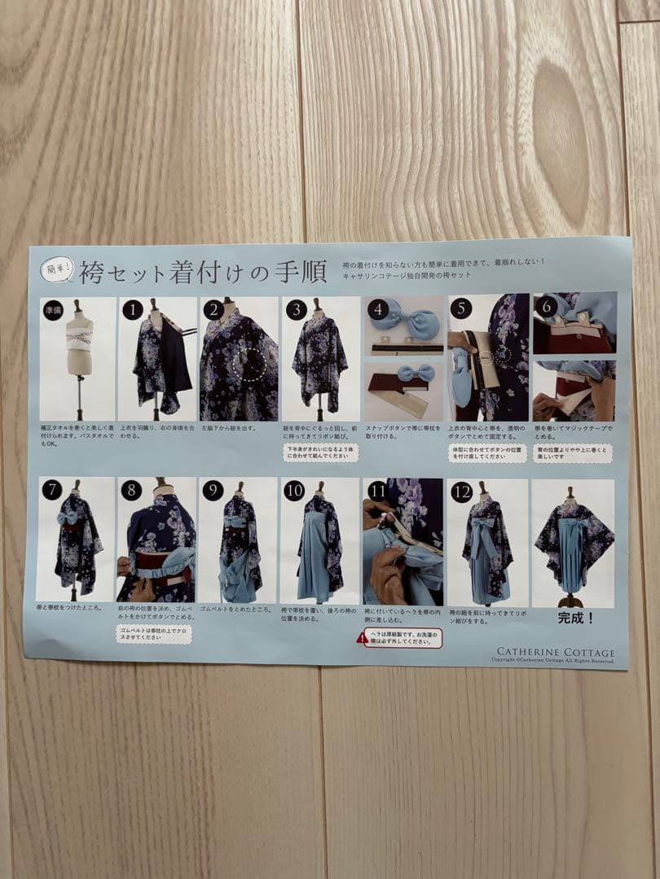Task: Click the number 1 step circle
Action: click(x=132, y=309)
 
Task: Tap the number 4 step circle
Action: click(x=376, y=309)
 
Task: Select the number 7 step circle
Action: click(x=51, y=490)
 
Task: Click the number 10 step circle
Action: click(x=294, y=491)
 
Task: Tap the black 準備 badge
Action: click(x=52, y=309)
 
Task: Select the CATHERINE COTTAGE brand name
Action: click(x=556, y=652)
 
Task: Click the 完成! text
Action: click(x=576, y=618)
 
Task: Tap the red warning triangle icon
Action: click(x=362, y=638)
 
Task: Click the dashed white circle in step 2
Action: click(x=250, y=363)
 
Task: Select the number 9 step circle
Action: click(x=213, y=491)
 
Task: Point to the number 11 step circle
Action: click(x=376, y=491)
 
